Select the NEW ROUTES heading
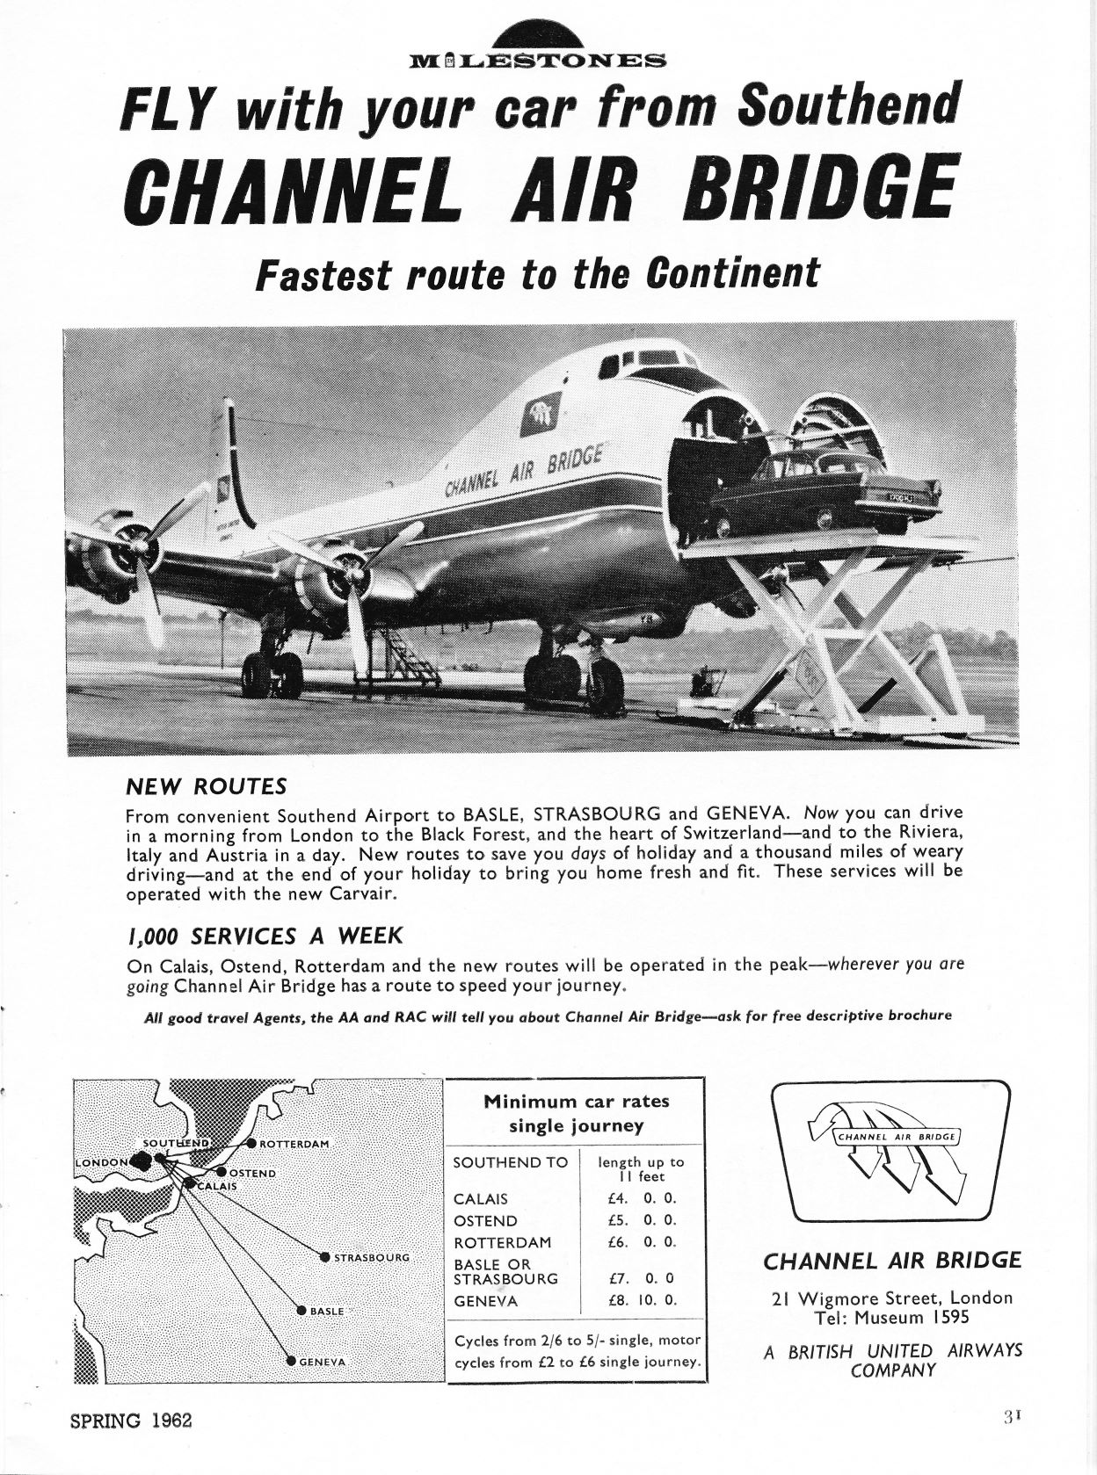207,784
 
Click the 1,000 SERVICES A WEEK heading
265,935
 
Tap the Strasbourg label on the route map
372,1257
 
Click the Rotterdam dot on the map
251,1143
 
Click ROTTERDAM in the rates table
502,1242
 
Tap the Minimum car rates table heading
576,1112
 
